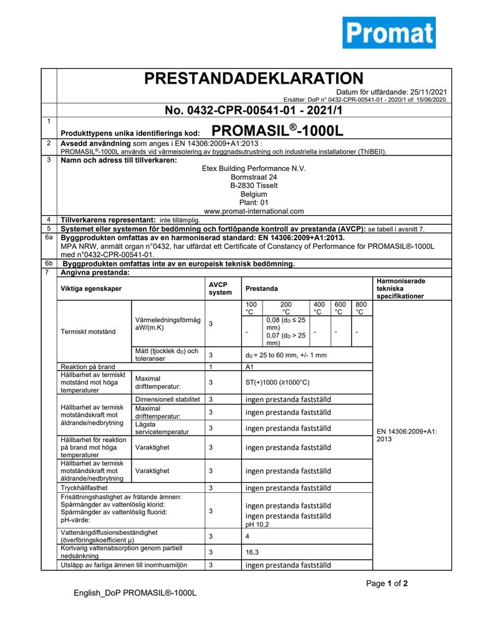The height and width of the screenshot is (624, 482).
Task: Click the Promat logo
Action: coord(388,32)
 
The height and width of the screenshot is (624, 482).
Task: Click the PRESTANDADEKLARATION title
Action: coord(253,78)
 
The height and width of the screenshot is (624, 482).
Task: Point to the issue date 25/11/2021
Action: coord(426,92)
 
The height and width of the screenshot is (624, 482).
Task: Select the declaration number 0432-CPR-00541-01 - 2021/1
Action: coord(253,110)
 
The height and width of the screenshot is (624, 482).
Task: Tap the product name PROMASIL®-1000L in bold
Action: coord(277,131)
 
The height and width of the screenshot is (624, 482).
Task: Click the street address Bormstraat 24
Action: coord(254,177)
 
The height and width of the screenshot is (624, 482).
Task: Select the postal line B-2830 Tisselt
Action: coord(254,185)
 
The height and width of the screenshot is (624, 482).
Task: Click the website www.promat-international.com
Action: coord(254,211)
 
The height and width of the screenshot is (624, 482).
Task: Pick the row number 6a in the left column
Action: coord(49,238)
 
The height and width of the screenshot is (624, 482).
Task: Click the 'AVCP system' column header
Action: coord(220,288)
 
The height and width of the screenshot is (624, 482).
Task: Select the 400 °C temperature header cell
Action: coord(319,308)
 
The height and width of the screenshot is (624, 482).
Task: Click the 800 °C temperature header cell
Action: coord(361,308)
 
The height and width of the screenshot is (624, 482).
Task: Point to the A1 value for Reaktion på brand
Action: coord(249,366)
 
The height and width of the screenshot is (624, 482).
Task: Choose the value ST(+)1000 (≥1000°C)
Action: coord(277,383)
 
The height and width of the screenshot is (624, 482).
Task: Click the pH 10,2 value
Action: coord(257,525)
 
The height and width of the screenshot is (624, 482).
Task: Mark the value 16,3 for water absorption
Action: coord(251,552)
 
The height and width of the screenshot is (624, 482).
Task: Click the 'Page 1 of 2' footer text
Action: coord(387,584)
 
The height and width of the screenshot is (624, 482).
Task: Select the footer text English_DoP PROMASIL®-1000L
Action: coord(135,593)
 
